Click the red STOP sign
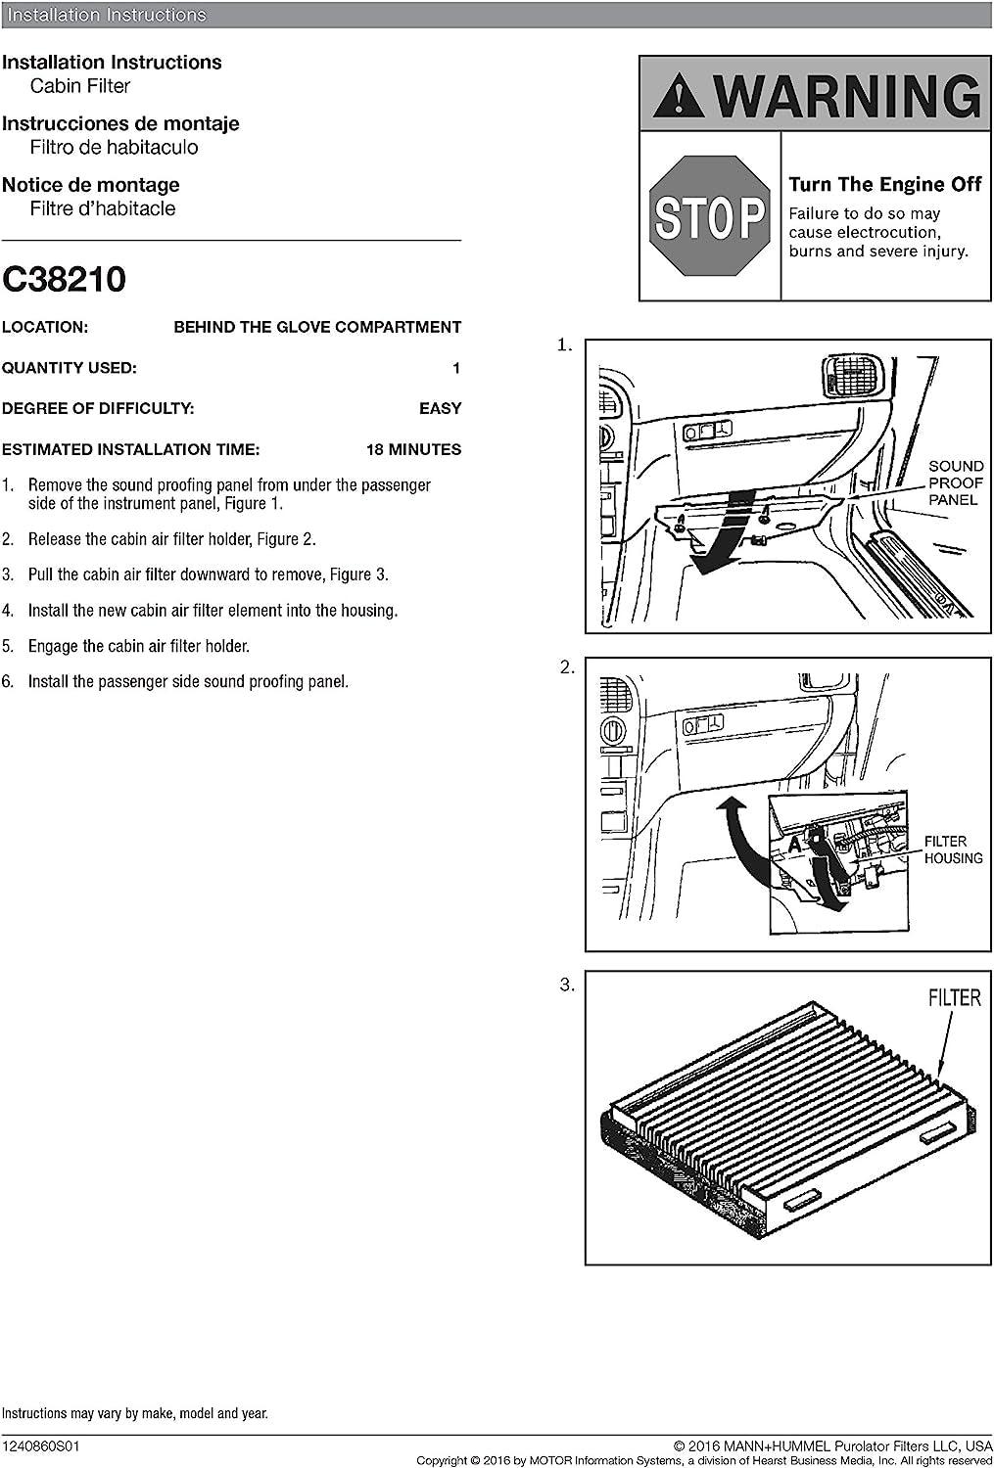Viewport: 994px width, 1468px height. coord(709,216)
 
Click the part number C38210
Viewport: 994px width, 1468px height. coord(64,280)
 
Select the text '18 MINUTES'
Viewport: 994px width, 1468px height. coord(413,449)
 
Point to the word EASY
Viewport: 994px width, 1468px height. coord(440,408)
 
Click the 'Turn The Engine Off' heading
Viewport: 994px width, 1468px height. coord(884,184)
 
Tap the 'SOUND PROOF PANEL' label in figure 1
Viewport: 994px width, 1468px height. coord(955,483)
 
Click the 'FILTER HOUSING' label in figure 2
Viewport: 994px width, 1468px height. coord(952,849)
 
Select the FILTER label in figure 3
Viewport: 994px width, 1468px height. coord(954,997)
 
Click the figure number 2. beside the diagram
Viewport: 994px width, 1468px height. coord(567,667)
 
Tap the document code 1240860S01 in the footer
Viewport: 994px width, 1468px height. coord(40,1445)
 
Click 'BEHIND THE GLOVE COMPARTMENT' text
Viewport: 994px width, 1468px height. coord(317,327)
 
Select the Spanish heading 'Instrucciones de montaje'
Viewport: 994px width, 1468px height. coord(120,123)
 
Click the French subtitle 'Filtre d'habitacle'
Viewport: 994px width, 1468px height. coord(103,208)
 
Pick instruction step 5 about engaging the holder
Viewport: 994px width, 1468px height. coord(138,646)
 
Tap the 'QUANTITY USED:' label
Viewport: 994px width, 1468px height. coord(69,368)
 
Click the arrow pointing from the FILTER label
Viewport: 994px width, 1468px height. coord(943,1047)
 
